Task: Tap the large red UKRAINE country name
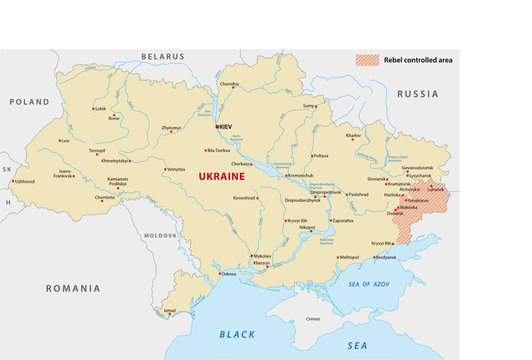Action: coord(222,175)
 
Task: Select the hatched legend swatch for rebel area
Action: coord(368,60)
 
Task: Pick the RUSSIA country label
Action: coord(417,93)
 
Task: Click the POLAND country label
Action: coord(29,102)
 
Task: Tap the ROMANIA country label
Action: coord(74,287)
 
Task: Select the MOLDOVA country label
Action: coord(160,236)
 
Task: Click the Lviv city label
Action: coord(65,141)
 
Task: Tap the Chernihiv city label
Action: coord(229,84)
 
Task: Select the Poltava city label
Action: coord(320,155)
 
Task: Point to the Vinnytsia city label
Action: coord(176,169)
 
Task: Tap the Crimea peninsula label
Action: coord(313,318)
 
